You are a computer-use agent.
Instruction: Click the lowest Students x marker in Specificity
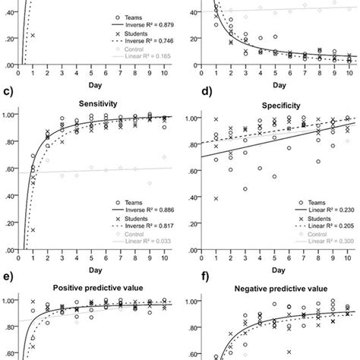[x=219, y=198]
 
